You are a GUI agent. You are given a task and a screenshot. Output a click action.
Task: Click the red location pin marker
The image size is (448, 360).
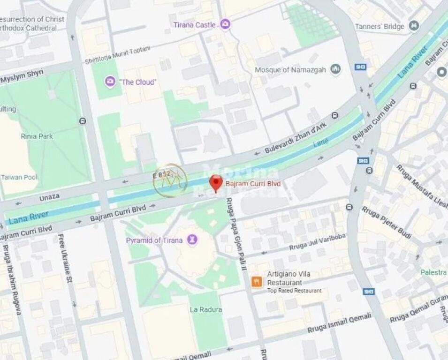pos(215,183)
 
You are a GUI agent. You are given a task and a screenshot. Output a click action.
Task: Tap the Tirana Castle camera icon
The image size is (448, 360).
pos(225,24)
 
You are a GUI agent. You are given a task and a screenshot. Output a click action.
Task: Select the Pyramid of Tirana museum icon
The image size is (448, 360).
pos(192,240)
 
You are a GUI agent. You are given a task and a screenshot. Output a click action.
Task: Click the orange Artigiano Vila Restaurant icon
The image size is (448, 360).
pos(257,282)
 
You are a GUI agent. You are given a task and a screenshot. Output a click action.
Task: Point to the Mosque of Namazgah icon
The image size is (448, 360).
pos(335,70)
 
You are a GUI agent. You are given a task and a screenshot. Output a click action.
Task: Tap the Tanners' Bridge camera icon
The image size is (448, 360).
pos(414,26)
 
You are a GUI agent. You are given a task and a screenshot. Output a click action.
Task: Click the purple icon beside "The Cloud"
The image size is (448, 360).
pos(110,82)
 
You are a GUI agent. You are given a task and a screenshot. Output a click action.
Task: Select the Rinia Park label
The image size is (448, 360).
pos(37,136)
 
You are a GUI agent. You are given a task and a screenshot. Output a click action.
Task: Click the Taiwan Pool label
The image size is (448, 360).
pos(19,177)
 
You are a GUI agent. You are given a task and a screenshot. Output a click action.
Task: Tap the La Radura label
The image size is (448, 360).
pos(206,309)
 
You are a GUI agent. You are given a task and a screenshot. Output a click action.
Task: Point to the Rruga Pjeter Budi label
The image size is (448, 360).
pos(386,222)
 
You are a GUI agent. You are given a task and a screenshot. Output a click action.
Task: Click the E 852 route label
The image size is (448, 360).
pos(162,175)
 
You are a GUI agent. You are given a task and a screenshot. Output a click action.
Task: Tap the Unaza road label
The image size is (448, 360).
pos(49,198)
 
